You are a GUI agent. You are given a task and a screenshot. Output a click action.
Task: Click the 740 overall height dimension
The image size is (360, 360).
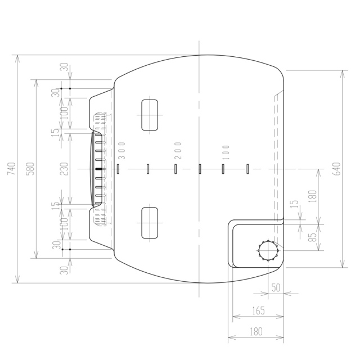[11, 169]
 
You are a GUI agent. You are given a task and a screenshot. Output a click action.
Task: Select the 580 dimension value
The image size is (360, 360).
[30, 169]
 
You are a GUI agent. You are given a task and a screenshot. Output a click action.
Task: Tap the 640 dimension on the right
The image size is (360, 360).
[336, 169]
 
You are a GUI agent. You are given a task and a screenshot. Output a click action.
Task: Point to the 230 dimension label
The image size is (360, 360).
[64, 169]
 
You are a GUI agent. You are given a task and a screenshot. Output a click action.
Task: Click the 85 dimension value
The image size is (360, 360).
[313, 237]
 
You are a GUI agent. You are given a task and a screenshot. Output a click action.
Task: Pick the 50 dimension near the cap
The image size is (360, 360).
[276, 287]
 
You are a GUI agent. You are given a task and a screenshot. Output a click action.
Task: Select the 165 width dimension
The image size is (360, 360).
[259, 310]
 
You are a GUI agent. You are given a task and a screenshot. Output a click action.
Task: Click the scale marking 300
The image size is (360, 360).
[121, 151]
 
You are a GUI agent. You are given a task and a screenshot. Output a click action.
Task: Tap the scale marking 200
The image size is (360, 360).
[178, 151]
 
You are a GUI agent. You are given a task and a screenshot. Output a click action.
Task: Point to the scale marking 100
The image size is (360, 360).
[226, 152]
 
